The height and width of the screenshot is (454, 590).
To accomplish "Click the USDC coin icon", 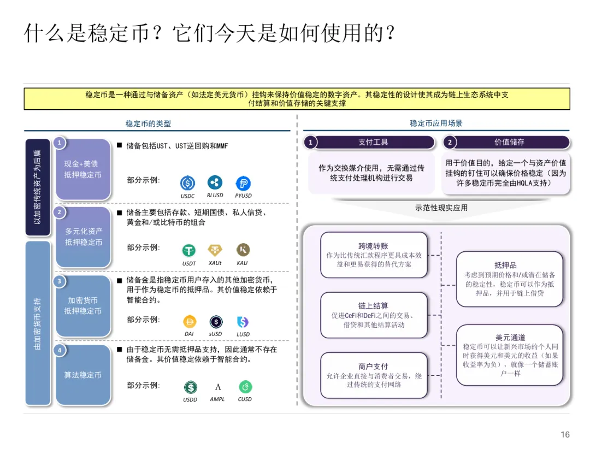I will (188, 183).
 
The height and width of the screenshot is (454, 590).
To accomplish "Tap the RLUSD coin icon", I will (215, 182).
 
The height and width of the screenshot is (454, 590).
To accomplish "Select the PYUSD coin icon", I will (243, 183).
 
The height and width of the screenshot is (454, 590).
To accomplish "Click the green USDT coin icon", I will (189, 250).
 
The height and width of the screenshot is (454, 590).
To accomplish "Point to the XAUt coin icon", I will (215, 250).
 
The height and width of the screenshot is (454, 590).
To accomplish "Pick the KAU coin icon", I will (243, 250).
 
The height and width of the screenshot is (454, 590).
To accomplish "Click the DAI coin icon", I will (189, 322).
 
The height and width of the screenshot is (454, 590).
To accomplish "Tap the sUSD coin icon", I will (216, 322).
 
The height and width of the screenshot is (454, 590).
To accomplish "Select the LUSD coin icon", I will (243, 322).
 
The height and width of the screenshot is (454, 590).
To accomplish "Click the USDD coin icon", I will (190, 387).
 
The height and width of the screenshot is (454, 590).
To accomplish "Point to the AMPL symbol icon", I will (217, 387).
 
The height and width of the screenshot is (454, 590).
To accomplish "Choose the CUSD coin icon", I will (245, 387).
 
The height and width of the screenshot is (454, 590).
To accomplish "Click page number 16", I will (565, 435).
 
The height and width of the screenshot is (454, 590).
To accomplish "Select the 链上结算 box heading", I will (373, 306).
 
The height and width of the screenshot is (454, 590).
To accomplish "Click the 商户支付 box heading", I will (373, 367).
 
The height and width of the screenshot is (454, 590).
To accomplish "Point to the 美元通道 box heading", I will (510, 338).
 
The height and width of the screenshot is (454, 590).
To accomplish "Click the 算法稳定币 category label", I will (83, 375).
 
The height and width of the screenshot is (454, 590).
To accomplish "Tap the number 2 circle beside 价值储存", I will (450, 142).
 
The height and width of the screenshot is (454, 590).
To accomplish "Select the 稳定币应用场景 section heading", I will (436, 123).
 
